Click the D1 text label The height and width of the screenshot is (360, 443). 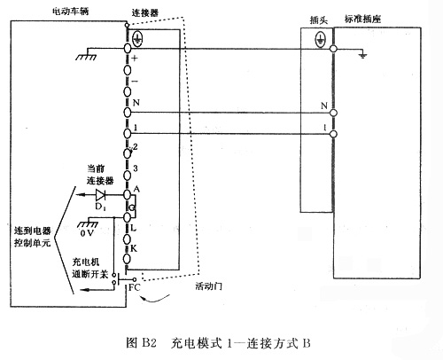coord(99,207)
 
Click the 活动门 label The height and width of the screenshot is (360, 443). coord(206,287)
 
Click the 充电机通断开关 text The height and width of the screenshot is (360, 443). coord(89,270)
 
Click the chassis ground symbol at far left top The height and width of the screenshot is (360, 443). coord(85,57)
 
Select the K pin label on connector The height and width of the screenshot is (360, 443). coord(135,249)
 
